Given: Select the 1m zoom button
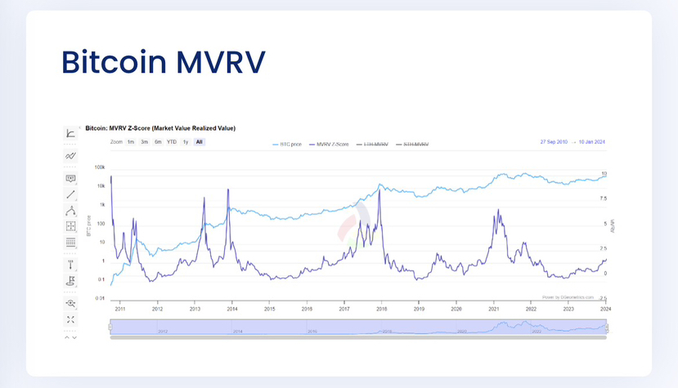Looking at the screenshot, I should click(x=131, y=142).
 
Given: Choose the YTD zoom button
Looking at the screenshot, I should click(x=172, y=142).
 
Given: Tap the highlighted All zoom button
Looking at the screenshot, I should click(x=200, y=142).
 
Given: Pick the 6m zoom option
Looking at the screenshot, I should click(x=158, y=142).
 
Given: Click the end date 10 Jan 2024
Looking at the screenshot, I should click(x=590, y=142).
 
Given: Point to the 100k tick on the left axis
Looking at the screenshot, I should click(x=100, y=167).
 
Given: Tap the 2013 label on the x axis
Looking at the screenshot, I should click(x=195, y=309).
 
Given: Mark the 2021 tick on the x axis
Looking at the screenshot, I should click(x=494, y=309).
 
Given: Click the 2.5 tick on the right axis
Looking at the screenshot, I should click(x=604, y=248).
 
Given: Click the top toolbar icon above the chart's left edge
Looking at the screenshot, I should click(x=71, y=133).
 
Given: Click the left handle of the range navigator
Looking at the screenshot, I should click(x=110, y=327).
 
